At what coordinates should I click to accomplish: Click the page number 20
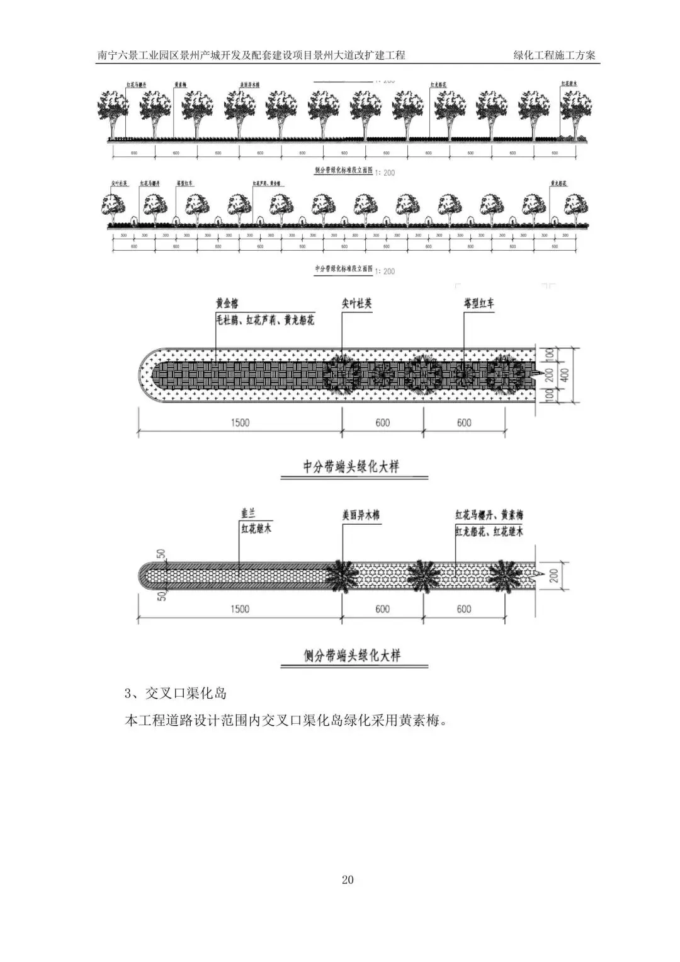(348, 879)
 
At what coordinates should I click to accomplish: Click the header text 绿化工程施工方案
(554, 55)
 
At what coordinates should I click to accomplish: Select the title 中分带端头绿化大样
(351, 467)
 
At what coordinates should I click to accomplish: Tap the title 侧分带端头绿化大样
(352, 655)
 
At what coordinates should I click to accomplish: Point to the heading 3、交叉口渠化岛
(176, 694)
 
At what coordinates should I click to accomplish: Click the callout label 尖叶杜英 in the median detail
(356, 304)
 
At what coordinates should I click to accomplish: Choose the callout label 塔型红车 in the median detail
(479, 304)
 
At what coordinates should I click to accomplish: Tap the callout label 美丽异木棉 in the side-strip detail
(361, 515)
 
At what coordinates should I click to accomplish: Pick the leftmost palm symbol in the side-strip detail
(342, 575)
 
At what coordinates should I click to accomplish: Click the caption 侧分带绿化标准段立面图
(343, 171)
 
